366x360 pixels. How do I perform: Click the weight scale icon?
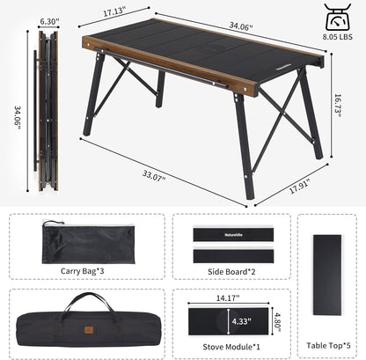pyautogui.click(x=338, y=17)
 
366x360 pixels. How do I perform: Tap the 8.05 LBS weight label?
pyautogui.click(x=338, y=37)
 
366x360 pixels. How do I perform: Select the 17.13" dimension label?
pyautogui.click(x=114, y=12)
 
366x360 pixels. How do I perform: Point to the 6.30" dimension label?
pyautogui.click(x=49, y=21)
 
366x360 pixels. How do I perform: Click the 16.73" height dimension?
pyautogui.click(x=338, y=106)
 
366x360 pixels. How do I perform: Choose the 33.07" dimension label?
pyautogui.click(x=154, y=175)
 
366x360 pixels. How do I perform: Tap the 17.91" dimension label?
pyautogui.click(x=300, y=186)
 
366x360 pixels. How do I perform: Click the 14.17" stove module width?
pyautogui.click(x=228, y=298)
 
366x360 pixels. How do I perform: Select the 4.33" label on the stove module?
pyautogui.click(x=242, y=321)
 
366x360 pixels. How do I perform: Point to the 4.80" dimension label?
pyautogui.click(x=278, y=322)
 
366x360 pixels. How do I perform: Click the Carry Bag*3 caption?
pyautogui.click(x=82, y=271)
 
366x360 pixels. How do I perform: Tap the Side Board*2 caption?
pyautogui.click(x=231, y=272)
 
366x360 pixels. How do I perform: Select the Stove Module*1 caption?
pyautogui.click(x=231, y=347)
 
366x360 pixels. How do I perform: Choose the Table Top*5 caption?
pyautogui.click(x=328, y=345)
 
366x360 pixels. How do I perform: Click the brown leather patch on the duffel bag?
pyautogui.click(x=89, y=330)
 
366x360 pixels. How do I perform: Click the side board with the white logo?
pyautogui.click(x=233, y=235)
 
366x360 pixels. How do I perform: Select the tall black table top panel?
pyautogui.click(x=327, y=275)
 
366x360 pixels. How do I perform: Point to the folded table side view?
pyautogui.click(x=47, y=111)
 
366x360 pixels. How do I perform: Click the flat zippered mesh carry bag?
pyautogui.click(x=88, y=243)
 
